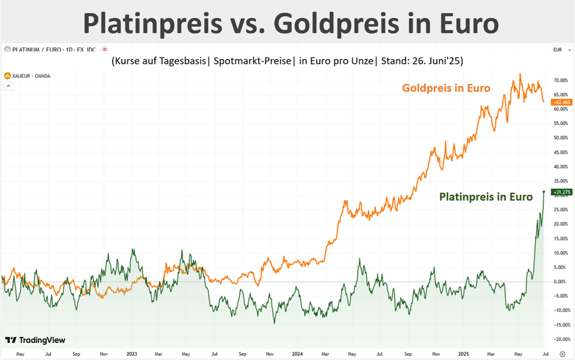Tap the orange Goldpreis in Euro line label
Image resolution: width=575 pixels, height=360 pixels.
coord(446,88)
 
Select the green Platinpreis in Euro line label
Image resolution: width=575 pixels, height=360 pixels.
coord(486,197)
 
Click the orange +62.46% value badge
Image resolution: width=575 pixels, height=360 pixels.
coord(562,102)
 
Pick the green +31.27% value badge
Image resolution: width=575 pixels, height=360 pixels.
coord(562,192)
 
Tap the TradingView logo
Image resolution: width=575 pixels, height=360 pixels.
coord(35,340)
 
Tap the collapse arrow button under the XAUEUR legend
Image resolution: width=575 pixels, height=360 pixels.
coord(8,86)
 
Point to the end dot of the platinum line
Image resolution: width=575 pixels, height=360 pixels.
coord(543,192)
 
